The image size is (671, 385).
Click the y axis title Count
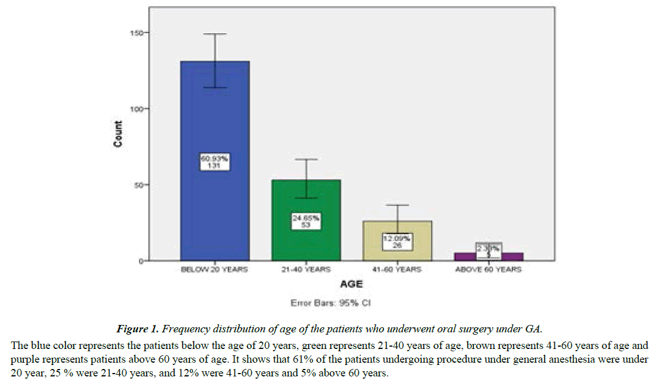(x=118, y=134)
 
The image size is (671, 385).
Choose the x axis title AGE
(x=352, y=284)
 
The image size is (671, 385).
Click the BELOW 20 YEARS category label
(x=215, y=269)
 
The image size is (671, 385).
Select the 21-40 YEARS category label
(x=306, y=269)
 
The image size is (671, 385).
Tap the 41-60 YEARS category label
(x=398, y=269)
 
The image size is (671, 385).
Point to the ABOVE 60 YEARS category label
(x=489, y=269)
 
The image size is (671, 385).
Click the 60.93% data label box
(x=215, y=161)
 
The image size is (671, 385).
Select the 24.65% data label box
(x=306, y=221)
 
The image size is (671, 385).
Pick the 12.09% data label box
(x=398, y=241)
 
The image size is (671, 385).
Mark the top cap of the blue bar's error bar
(x=215, y=34)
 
